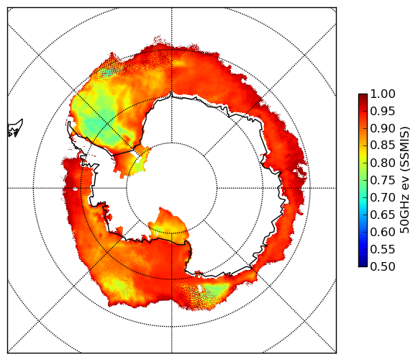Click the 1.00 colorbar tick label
click(383, 94)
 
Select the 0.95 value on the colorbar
click(383, 112)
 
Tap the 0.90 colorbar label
click(383, 128)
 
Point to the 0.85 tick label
click(383, 145)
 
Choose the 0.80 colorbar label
click(383, 163)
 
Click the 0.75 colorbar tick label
click(383, 180)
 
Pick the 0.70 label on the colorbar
click(383, 197)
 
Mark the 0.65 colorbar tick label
click(383, 215)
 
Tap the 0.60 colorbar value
click(383, 232)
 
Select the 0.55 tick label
click(383, 249)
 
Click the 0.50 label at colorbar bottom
click(383, 266)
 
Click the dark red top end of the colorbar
click(363, 96)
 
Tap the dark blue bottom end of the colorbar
click(363, 264)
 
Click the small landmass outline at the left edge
click(15, 128)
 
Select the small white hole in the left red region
click(76, 189)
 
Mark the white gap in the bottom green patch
click(200, 288)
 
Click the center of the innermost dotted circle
click(172, 188)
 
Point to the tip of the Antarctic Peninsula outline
click(69, 122)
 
